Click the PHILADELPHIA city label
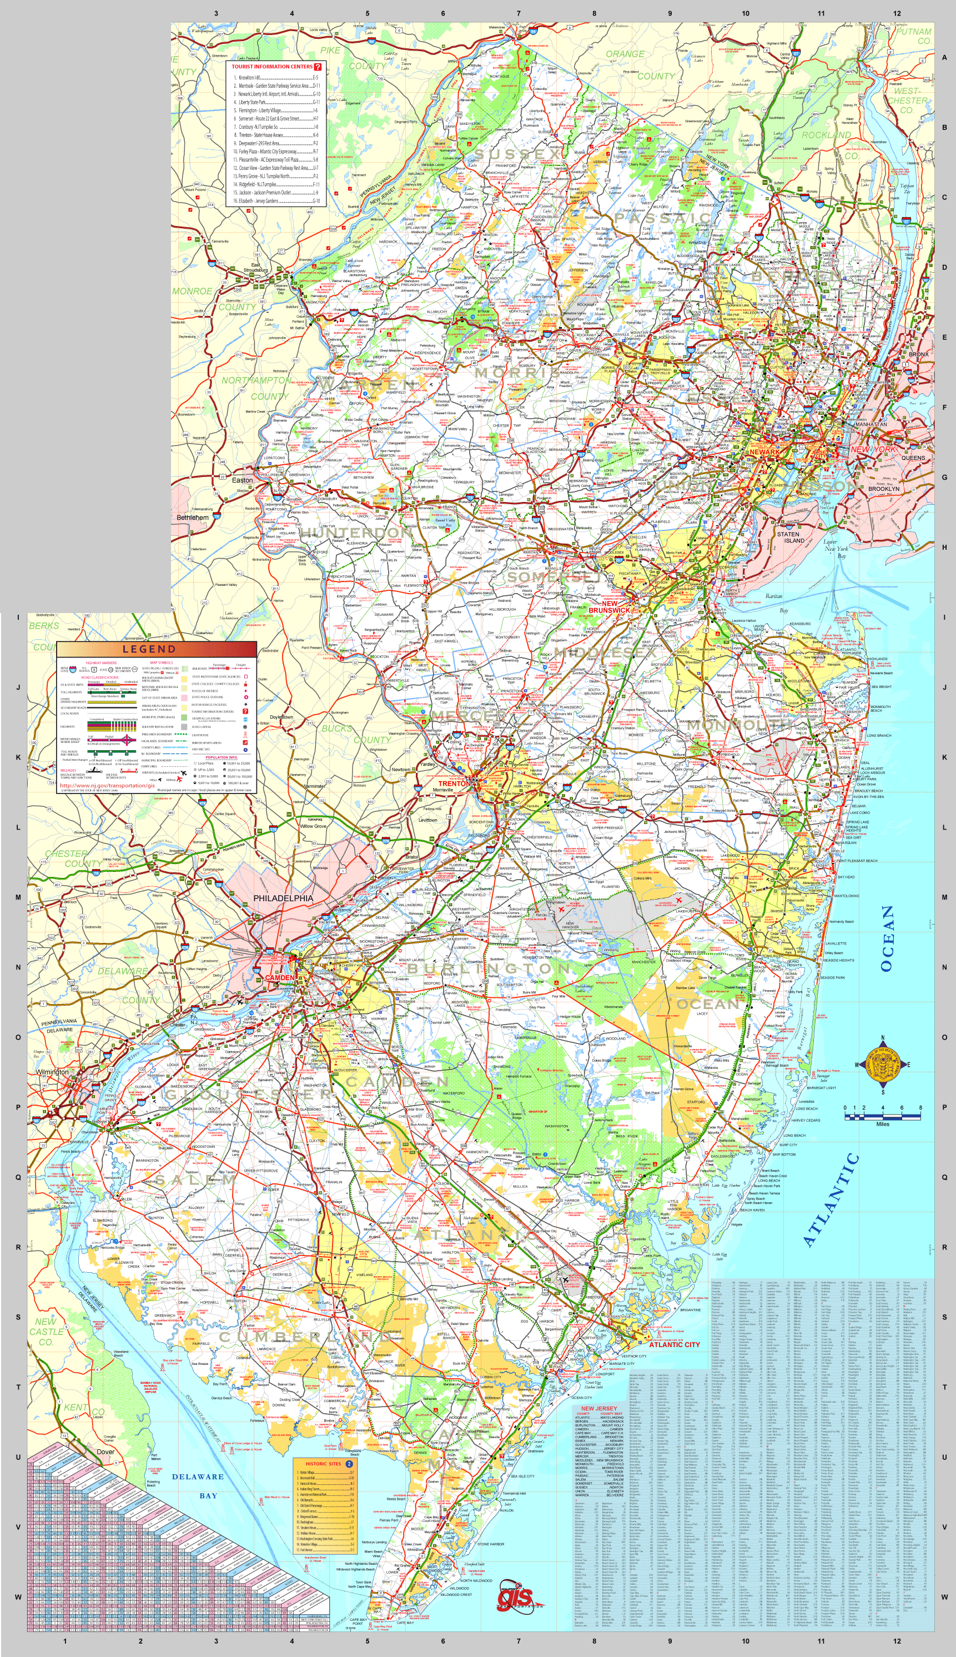[283, 898]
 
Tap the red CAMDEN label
[280, 977]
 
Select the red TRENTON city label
[454, 784]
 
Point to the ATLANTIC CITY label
[675, 1344]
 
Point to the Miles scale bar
[882, 1114]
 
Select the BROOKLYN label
[884, 489]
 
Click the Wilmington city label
[51, 1071]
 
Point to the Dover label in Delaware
[105, 1452]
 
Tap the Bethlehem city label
[193, 518]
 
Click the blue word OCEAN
[887, 938]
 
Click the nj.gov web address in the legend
[107, 785]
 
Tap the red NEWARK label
[764, 452]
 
